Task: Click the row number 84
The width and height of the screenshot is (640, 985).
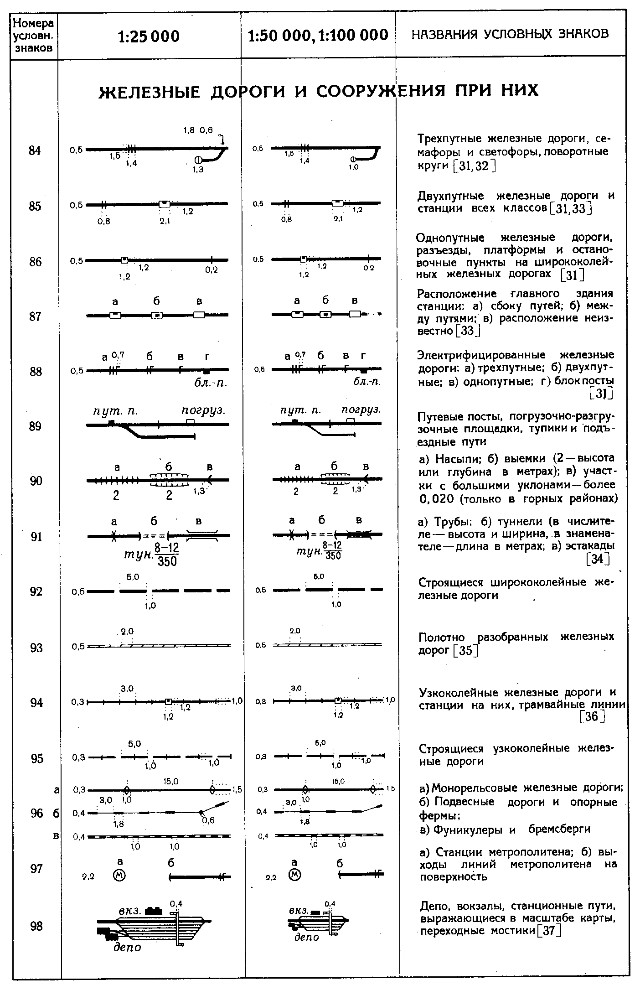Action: [35, 150]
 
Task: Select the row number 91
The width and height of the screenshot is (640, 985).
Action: [36, 537]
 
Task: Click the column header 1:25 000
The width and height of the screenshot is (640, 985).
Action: [149, 36]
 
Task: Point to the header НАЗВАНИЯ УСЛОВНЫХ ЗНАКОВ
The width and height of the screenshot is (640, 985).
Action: [510, 34]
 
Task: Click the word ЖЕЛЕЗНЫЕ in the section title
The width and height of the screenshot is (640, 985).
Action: [150, 92]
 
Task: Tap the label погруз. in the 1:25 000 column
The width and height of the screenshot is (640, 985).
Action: [204, 411]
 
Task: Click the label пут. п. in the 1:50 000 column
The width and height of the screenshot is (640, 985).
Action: [301, 411]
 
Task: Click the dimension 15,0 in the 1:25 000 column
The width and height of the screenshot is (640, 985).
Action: [171, 782]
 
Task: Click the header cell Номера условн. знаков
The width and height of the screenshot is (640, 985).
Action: [34, 36]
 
